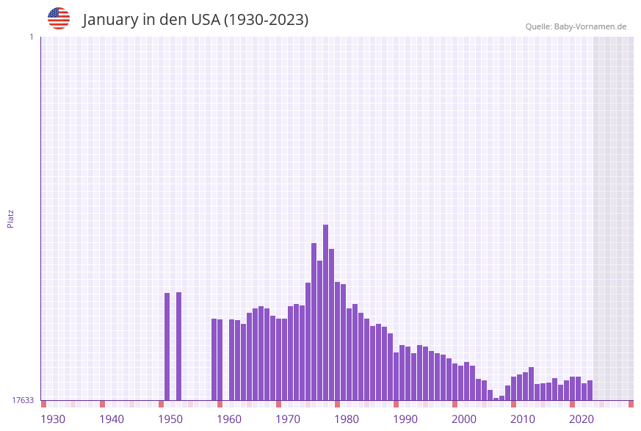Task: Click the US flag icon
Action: pos(59,18)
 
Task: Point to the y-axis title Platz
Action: pos(10,218)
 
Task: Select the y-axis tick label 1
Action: pos(31,37)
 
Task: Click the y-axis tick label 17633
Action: pos(23,400)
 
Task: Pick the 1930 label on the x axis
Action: pos(53,419)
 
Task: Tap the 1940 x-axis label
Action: pos(112,419)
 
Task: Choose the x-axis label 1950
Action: pos(170,419)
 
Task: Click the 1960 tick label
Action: pos(229,419)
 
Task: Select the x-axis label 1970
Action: pos(288,419)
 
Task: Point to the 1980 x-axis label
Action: pos(347,419)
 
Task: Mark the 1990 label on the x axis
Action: pos(405,419)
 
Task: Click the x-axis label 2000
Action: pos(464,419)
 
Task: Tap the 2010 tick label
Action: pos(523,419)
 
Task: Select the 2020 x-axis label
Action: pos(582,419)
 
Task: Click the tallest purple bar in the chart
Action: pos(325,312)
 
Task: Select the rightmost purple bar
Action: pos(590,390)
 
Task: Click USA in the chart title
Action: pos(205,20)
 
